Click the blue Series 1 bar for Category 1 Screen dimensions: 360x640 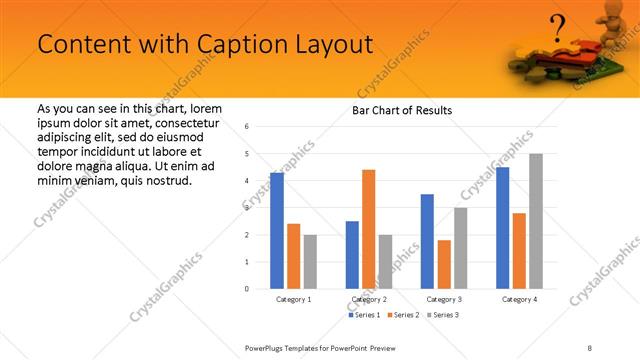click(277, 231)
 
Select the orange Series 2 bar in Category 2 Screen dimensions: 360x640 click(368, 229)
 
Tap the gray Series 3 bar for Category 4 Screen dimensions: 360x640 click(536, 221)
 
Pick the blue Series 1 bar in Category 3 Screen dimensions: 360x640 click(427, 241)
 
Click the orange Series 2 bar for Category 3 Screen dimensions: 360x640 click(444, 264)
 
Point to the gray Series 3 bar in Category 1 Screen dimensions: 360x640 click(310, 262)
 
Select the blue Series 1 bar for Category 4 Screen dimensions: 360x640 click(502, 228)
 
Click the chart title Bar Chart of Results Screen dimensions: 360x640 click(402, 110)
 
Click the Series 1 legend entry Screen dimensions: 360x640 click(363, 315)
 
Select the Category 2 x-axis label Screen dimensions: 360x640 click(368, 299)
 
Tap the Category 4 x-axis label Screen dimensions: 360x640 click(519, 299)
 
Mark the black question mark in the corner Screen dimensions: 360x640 click(558, 24)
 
